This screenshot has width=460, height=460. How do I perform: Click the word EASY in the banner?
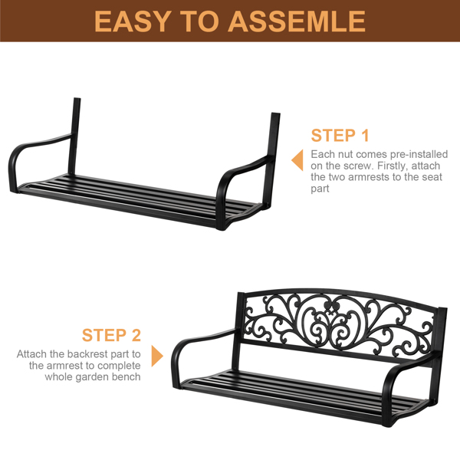pyautogui.click(x=133, y=21)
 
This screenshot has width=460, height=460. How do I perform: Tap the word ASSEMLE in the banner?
pyautogui.click(x=297, y=21)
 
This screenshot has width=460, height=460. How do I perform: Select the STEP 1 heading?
pyautogui.click(x=340, y=135)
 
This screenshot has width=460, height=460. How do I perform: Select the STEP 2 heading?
pyautogui.click(x=111, y=335)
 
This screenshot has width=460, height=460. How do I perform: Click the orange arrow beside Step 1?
pyautogui.click(x=297, y=160)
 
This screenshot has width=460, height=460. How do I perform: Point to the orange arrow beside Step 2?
pyautogui.click(x=157, y=356)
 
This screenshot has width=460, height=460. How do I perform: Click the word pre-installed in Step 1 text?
pyautogui.click(x=419, y=154)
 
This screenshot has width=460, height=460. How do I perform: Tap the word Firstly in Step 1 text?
pyautogui.click(x=393, y=166)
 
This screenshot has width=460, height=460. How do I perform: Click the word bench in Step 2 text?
pyautogui.click(x=125, y=376)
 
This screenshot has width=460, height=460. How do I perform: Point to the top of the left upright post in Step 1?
pyautogui.click(x=77, y=99)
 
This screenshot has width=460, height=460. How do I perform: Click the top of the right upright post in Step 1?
pyautogui.click(x=275, y=114)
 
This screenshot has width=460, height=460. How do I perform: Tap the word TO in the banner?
pyautogui.click(x=199, y=21)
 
